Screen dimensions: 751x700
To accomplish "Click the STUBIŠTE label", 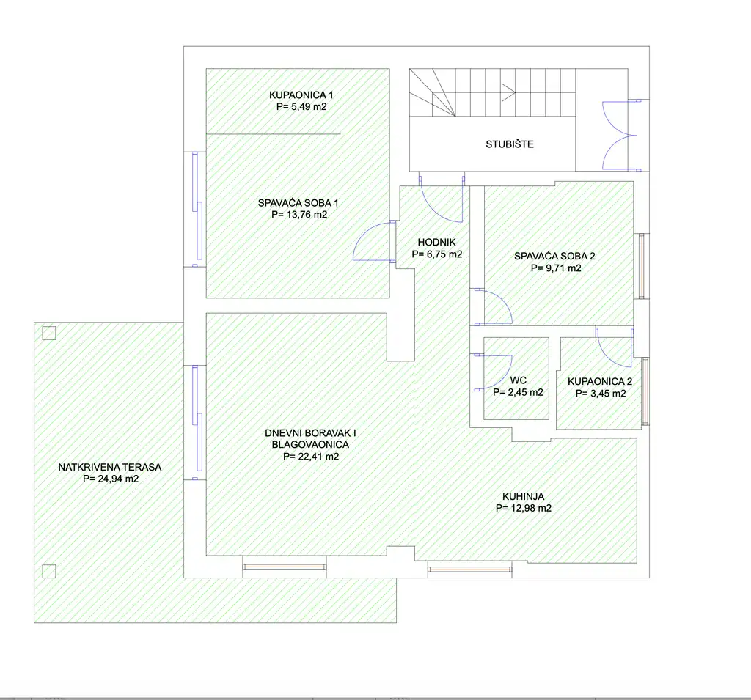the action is pos(510,144).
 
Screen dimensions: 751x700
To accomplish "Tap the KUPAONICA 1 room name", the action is pos(301,95).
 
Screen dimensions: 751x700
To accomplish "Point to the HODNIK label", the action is pos(437,243).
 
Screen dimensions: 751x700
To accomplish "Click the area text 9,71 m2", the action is pos(563,268).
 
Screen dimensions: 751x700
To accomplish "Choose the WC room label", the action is pos(519,380).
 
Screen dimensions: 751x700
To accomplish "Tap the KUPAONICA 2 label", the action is pos(600,382).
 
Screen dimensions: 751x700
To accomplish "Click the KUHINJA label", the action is pos(524,496).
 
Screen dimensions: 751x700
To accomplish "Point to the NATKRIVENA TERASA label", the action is pos(110,467).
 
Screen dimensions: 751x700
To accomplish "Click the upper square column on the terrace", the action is pos(49,333).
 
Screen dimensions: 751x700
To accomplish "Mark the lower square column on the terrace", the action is pos(49,571).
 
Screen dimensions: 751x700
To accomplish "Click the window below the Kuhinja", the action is pos(469,570).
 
